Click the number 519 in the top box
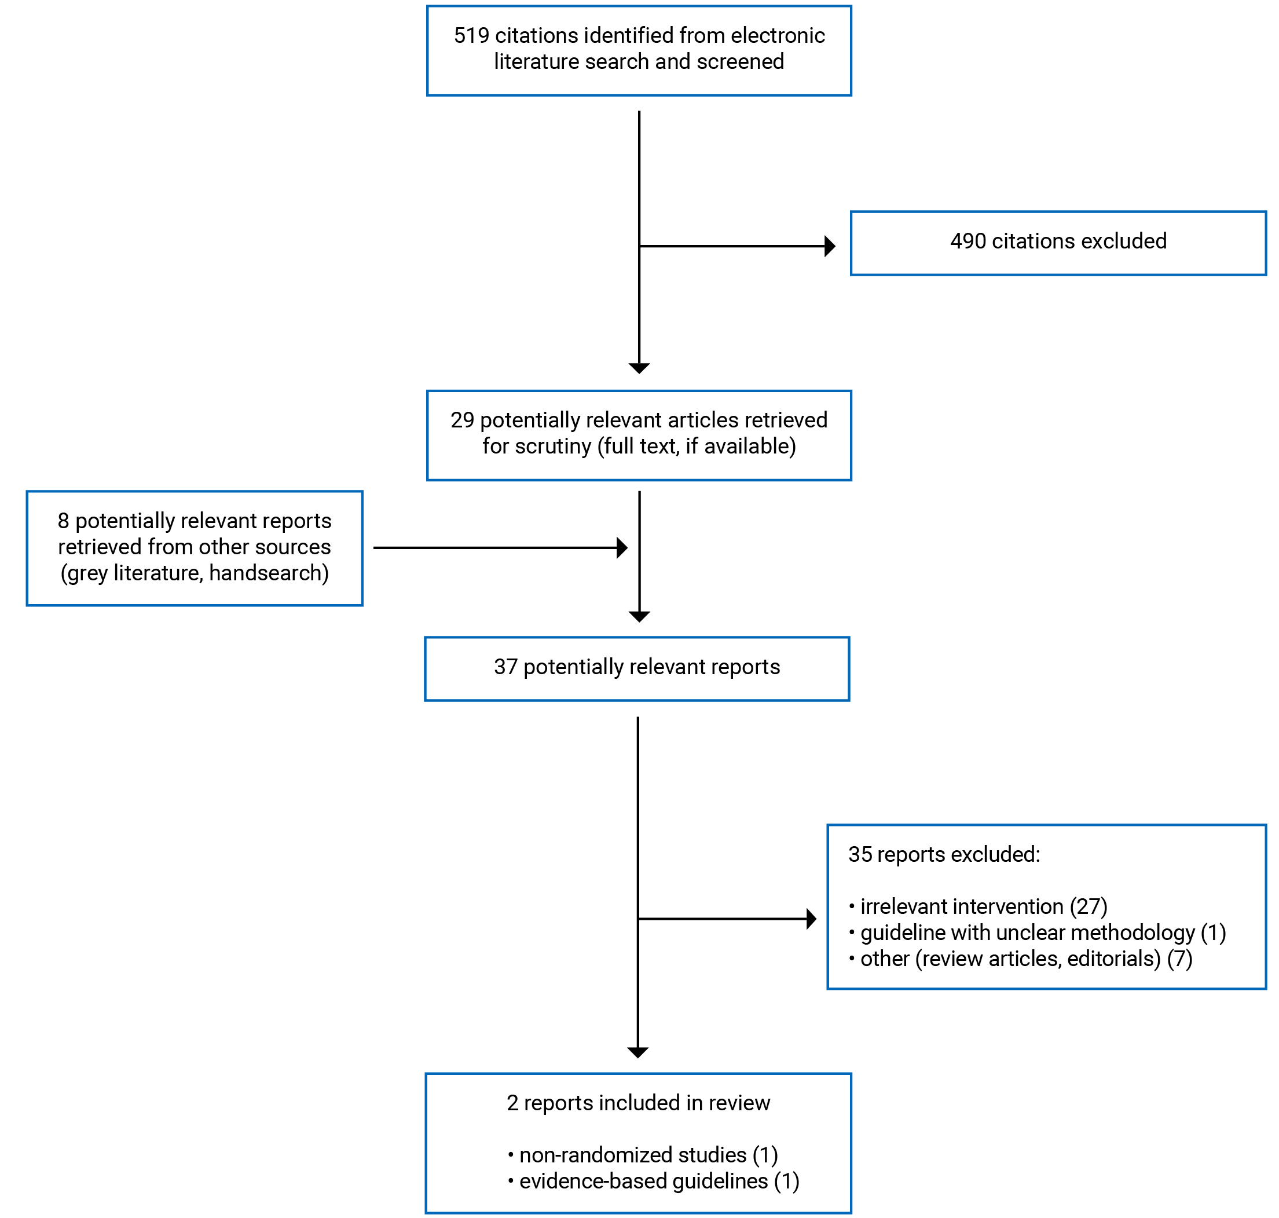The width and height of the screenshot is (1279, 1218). click(x=471, y=36)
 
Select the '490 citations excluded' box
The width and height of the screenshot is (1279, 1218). click(x=1058, y=243)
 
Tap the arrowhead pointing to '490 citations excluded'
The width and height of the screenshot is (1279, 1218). click(x=829, y=246)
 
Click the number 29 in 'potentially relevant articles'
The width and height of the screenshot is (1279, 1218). click(x=462, y=420)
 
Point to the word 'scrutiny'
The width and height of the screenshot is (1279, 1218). click(x=553, y=447)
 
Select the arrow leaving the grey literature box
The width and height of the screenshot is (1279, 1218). click(x=496, y=548)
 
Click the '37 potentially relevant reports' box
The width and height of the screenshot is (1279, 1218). click(x=636, y=668)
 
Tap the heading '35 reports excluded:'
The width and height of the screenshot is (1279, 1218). click(x=944, y=854)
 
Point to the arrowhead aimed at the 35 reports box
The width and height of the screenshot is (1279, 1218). click(x=811, y=919)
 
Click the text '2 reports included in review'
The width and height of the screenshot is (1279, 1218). click(x=638, y=1103)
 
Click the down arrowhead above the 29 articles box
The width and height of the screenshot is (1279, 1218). click(x=639, y=368)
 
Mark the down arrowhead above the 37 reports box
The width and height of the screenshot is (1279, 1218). click(x=639, y=617)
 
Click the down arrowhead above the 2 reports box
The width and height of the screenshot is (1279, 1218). click(x=638, y=1052)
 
